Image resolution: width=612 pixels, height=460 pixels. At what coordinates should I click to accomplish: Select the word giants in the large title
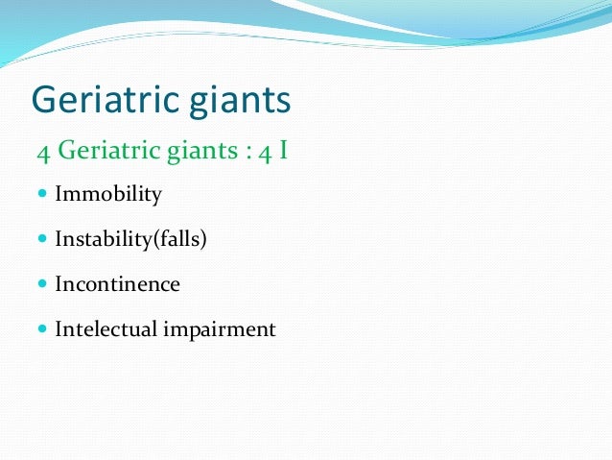coord(236,99)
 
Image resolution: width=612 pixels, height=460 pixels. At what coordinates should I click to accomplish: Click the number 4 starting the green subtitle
coord(41,153)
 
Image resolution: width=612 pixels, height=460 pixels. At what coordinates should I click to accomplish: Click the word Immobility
coord(108,195)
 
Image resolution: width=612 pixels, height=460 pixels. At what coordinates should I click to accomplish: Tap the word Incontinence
coord(117,284)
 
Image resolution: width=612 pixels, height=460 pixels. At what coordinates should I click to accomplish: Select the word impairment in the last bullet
coord(221,330)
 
